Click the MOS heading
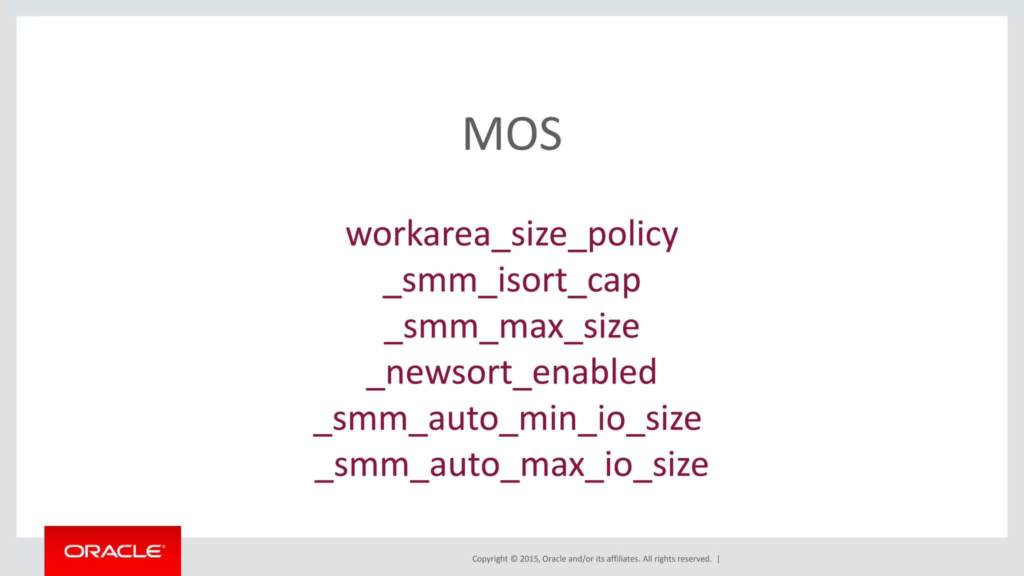click(x=512, y=134)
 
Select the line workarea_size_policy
click(x=512, y=234)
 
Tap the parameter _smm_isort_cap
click(x=512, y=280)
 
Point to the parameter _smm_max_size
click(x=512, y=326)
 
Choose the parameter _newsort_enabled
click(x=512, y=372)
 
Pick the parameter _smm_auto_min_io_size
click(x=508, y=418)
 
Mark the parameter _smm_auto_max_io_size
click(x=511, y=464)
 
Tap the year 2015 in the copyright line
click(x=529, y=559)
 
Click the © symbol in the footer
click(x=513, y=559)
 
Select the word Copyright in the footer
click(x=489, y=559)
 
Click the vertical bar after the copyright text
click(x=718, y=559)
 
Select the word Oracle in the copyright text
click(x=554, y=559)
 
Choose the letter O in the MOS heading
click(x=518, y=134)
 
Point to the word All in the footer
click(x=647, y=559)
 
